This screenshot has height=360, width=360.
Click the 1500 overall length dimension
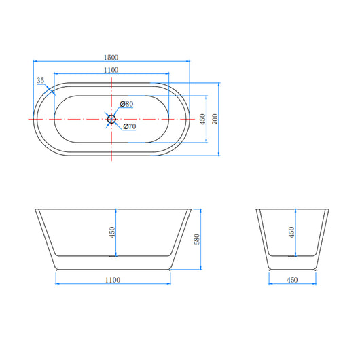[x=111, y=58]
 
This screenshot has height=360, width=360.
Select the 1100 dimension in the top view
[x=111, y=70]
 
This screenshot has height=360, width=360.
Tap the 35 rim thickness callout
[x=40, y=81]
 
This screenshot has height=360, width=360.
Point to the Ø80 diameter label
[x=126, y=104]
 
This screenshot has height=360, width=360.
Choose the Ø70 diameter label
[x=130, y=126]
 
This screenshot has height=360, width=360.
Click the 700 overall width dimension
[x=215, y=119]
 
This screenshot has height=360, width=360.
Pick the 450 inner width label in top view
[x=202, y=119]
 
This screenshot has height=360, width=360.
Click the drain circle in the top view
[x=111, y=119]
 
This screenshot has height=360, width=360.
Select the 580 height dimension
[x=197, y=239]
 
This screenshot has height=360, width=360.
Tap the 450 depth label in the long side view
[x=112, y=232]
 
